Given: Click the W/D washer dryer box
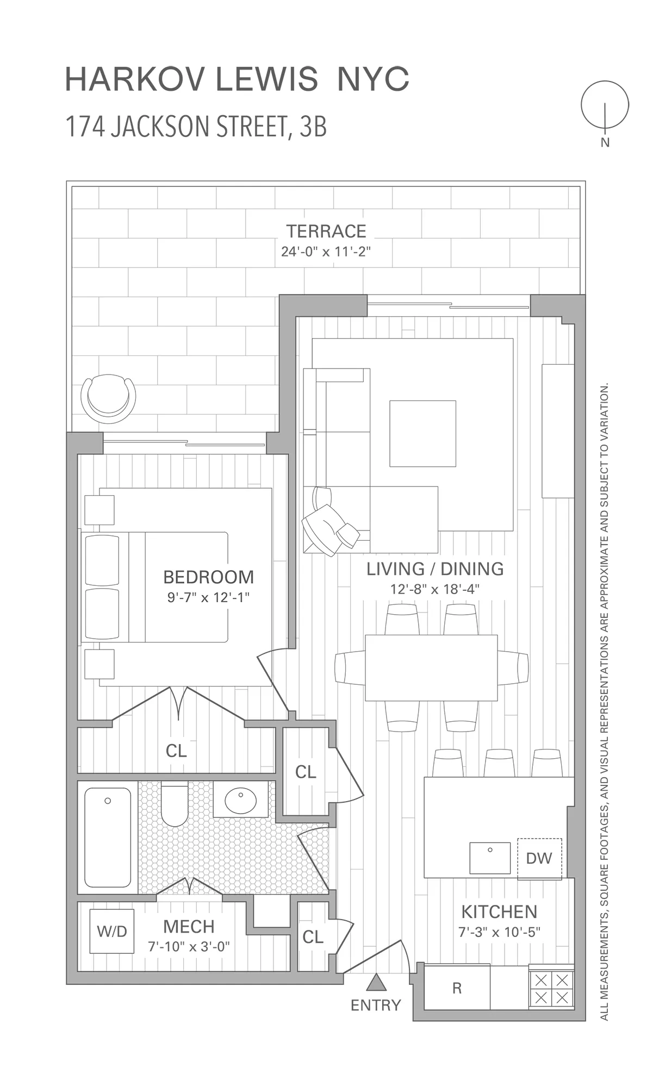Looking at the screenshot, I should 112,931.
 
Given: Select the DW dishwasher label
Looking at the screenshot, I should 539,858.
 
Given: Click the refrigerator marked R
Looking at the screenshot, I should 457,988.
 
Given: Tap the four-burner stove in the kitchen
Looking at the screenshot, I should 551,989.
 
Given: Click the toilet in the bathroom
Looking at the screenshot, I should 175,805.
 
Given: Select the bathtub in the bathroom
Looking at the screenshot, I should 108,838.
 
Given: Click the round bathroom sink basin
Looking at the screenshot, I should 240,801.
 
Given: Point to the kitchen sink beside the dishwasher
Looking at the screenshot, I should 489,858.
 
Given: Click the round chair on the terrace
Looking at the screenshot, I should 108,398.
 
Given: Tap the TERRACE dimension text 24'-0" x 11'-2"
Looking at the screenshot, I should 326,252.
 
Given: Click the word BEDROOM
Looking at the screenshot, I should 208,577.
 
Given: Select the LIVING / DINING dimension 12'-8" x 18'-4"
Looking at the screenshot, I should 434,589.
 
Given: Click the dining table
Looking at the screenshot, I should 431,667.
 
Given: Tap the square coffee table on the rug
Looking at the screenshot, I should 422,433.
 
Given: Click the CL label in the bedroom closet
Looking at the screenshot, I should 176,751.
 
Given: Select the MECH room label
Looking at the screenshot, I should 189,926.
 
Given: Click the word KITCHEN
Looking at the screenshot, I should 499,911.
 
